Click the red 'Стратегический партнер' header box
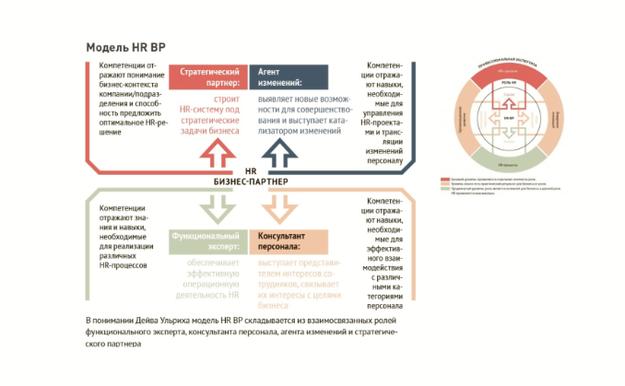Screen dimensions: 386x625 [x=210, y=76]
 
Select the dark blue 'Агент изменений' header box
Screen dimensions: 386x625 [x=289, y=76]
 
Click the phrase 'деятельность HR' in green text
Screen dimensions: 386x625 [x=203, y=295]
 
